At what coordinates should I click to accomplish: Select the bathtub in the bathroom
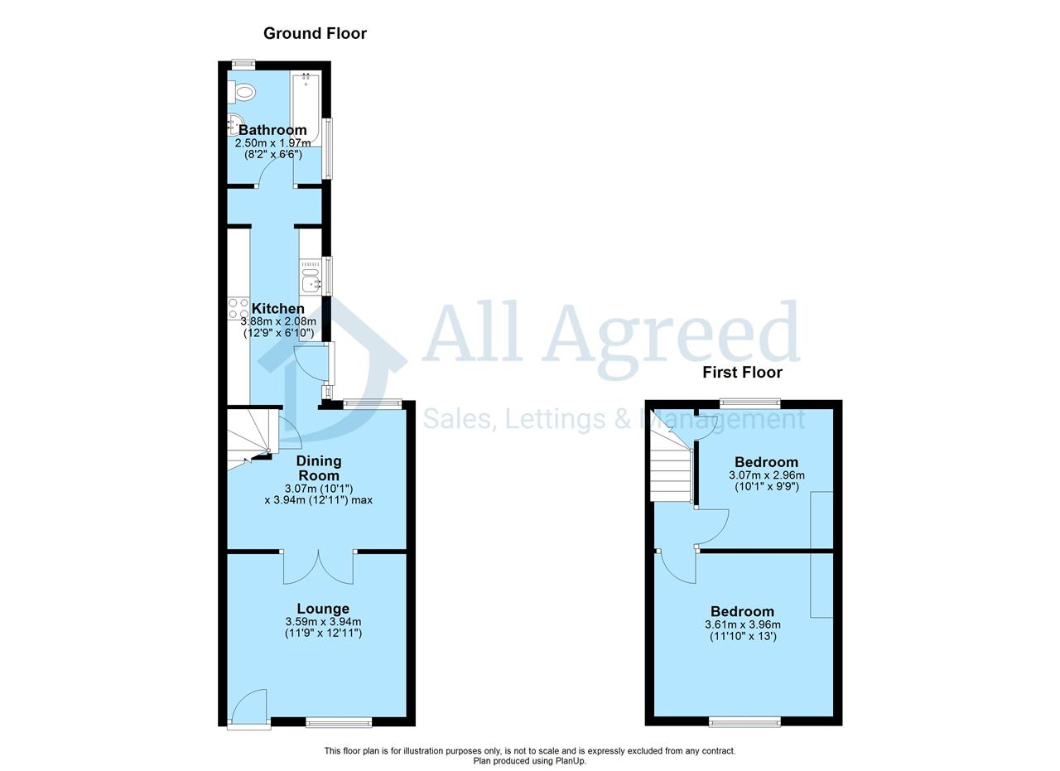click(x=306, y=109)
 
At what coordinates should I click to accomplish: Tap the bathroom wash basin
click(x=234, y=124)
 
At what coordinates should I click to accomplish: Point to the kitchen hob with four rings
click(x=238, y=308)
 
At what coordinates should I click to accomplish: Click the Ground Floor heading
click(x=315, y=34)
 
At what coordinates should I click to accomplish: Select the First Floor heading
click(x=742, y=373)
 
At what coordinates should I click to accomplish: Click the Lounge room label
click(x=323, y=609)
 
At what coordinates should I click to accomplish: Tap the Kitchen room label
click(x=278, y=309)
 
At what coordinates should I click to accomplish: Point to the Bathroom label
click(x=272, y=130)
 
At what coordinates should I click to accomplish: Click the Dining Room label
click(x=319, y=468)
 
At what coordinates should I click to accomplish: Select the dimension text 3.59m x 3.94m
click(x=323, y=621)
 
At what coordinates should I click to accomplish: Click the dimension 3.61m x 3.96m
click(x=743, y=624)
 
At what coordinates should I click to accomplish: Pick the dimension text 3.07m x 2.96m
click(x=767, y=475)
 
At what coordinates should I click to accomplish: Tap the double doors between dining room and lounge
click(x=319, y=567)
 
